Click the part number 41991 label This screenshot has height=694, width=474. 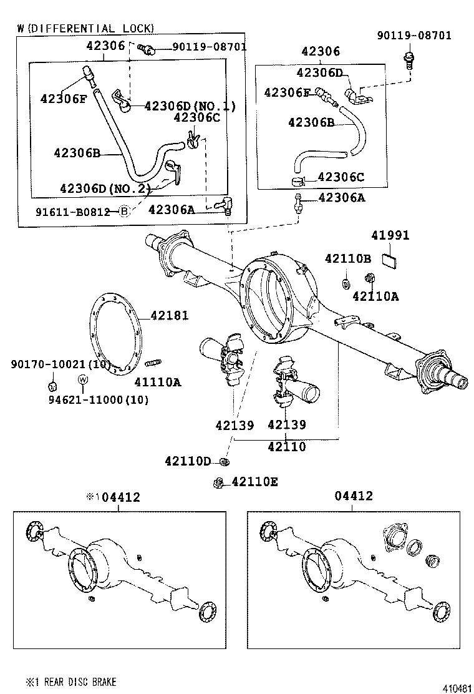coord(390,236)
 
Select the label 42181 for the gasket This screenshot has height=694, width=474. coord(168,316)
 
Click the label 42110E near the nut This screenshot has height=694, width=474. coord(254,482)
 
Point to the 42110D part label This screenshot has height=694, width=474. coord(188,461)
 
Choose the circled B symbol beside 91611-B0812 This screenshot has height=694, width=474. coord(123,211)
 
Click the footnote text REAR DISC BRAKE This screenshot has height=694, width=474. coord(79,682)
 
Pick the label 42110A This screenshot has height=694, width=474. coord(375,296)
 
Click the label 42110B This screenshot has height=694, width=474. coord(347,258)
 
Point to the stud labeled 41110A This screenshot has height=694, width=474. coord(153,363)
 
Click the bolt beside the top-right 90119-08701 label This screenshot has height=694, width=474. coord(408,61)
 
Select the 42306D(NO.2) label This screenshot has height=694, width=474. coord(105,188)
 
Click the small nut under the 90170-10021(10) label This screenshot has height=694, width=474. coord(54,384)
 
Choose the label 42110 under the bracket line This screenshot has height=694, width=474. coord(287,447)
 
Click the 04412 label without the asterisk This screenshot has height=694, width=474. coord(353,496)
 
